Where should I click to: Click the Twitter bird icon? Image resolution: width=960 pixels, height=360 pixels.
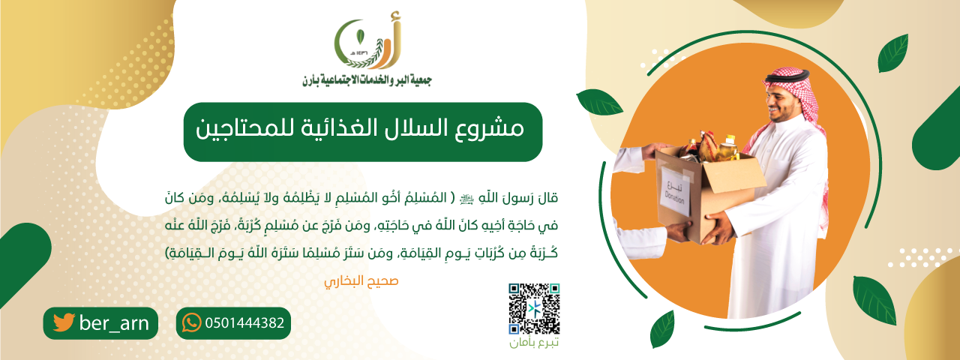(x=64, y=323)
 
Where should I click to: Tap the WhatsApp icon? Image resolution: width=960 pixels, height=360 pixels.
(x=192, y=323)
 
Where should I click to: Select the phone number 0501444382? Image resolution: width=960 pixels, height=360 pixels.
(x=244, y=323)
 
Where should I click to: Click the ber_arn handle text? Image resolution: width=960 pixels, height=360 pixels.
(x=113, y=323)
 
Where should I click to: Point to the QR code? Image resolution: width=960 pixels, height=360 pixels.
(x=534, y=308)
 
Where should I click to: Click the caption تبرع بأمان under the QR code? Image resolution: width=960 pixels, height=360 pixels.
(x=534, y=343)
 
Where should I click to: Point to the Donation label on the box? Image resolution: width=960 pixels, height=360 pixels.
(x=676, y=190)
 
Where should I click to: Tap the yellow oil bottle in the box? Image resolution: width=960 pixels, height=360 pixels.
(x=727, y=148)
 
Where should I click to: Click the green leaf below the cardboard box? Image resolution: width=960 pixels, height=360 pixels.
(x=661, y=329)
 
